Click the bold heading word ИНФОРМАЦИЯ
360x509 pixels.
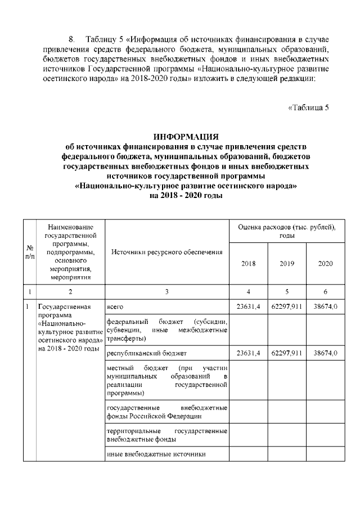[x=186, y=137]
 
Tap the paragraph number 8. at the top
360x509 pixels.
[x=71, y=39]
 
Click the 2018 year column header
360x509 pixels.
[x=248, y=263]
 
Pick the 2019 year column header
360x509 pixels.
[x=287, y=263]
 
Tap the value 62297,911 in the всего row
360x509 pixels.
[x=287, y=307]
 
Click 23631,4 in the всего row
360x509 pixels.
[x=248, y=307]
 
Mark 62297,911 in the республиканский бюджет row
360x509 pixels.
[x=287, y=353]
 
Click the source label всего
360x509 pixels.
[x=115, y=307]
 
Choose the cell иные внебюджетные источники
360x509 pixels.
[x=156, y=454]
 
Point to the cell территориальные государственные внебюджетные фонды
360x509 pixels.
[x=166, y=435]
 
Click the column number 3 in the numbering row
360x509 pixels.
[x=167, y=291]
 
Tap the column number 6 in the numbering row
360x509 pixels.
[x=325, y=291]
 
